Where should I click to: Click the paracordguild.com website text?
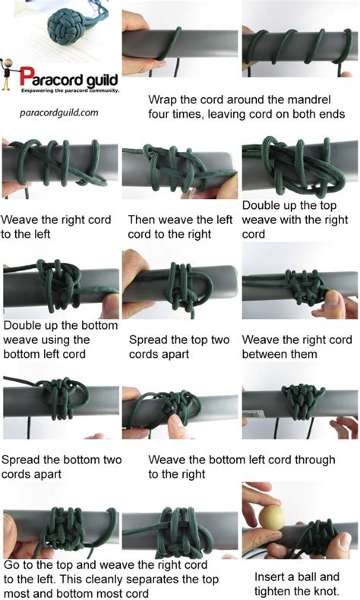click(x=59, y=111)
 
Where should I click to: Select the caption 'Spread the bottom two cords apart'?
click(x=62, y=467)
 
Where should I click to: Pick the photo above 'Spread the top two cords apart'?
click(x=179, y=289)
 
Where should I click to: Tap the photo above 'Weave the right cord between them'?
click(x=299, y=289)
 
